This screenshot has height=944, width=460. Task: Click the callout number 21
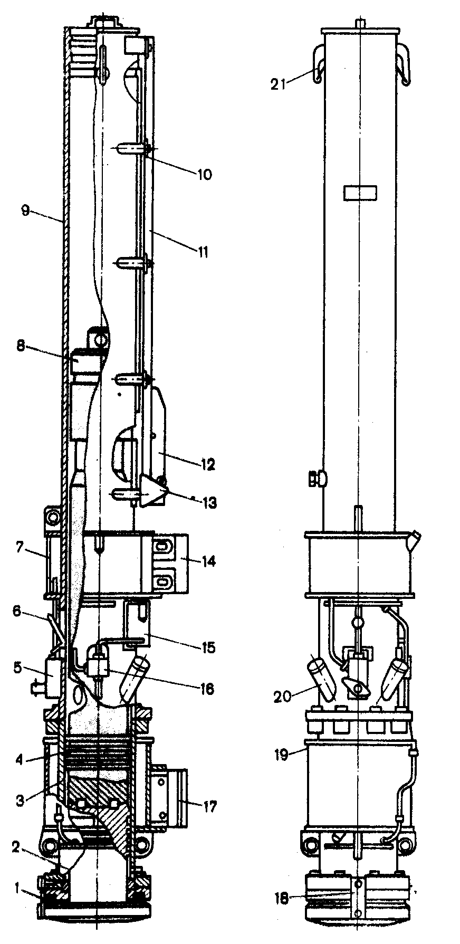coord(278,84)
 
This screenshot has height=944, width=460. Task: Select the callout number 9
coord(25,211)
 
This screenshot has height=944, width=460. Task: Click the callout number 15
coord(208,647)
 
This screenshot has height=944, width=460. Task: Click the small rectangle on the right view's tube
coord(360,193)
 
